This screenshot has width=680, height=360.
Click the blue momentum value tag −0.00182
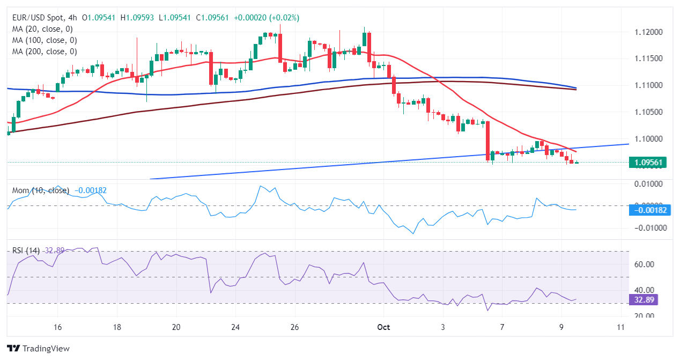[x=651, y=210]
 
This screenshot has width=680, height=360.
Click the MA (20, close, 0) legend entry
[x=42, y=29]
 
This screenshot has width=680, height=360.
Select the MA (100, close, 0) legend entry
[x=45, y=40]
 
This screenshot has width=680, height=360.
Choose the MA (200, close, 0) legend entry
[x=45, y=52]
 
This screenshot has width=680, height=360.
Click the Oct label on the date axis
[x=383, y=327]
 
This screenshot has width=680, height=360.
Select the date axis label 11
[x=620, y=327]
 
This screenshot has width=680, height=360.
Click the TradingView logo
[x=38, y=348]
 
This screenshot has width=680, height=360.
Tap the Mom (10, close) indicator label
[x=41, y=190]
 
